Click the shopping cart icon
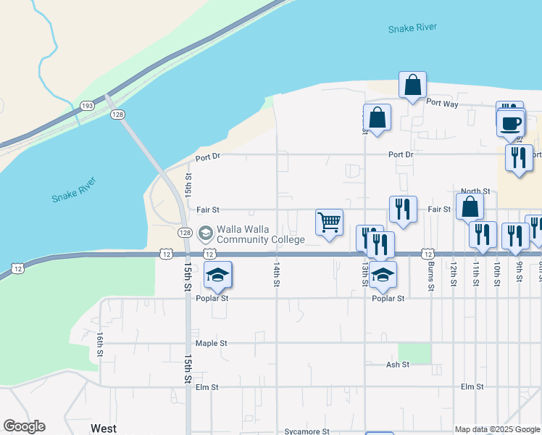coord(329,222)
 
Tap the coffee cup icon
coord(512,123)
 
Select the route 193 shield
coord(87,106)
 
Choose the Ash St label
coord(398,365)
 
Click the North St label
coord(475,191)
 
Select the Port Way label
coord(442,104)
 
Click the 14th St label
coord(276,275)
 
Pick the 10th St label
coord(497,275)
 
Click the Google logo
coord(24,426)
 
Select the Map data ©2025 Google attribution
coord(497,430)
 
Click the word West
coord(103,428)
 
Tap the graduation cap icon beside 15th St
coord(217,275)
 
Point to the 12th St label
coord(453,275)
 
